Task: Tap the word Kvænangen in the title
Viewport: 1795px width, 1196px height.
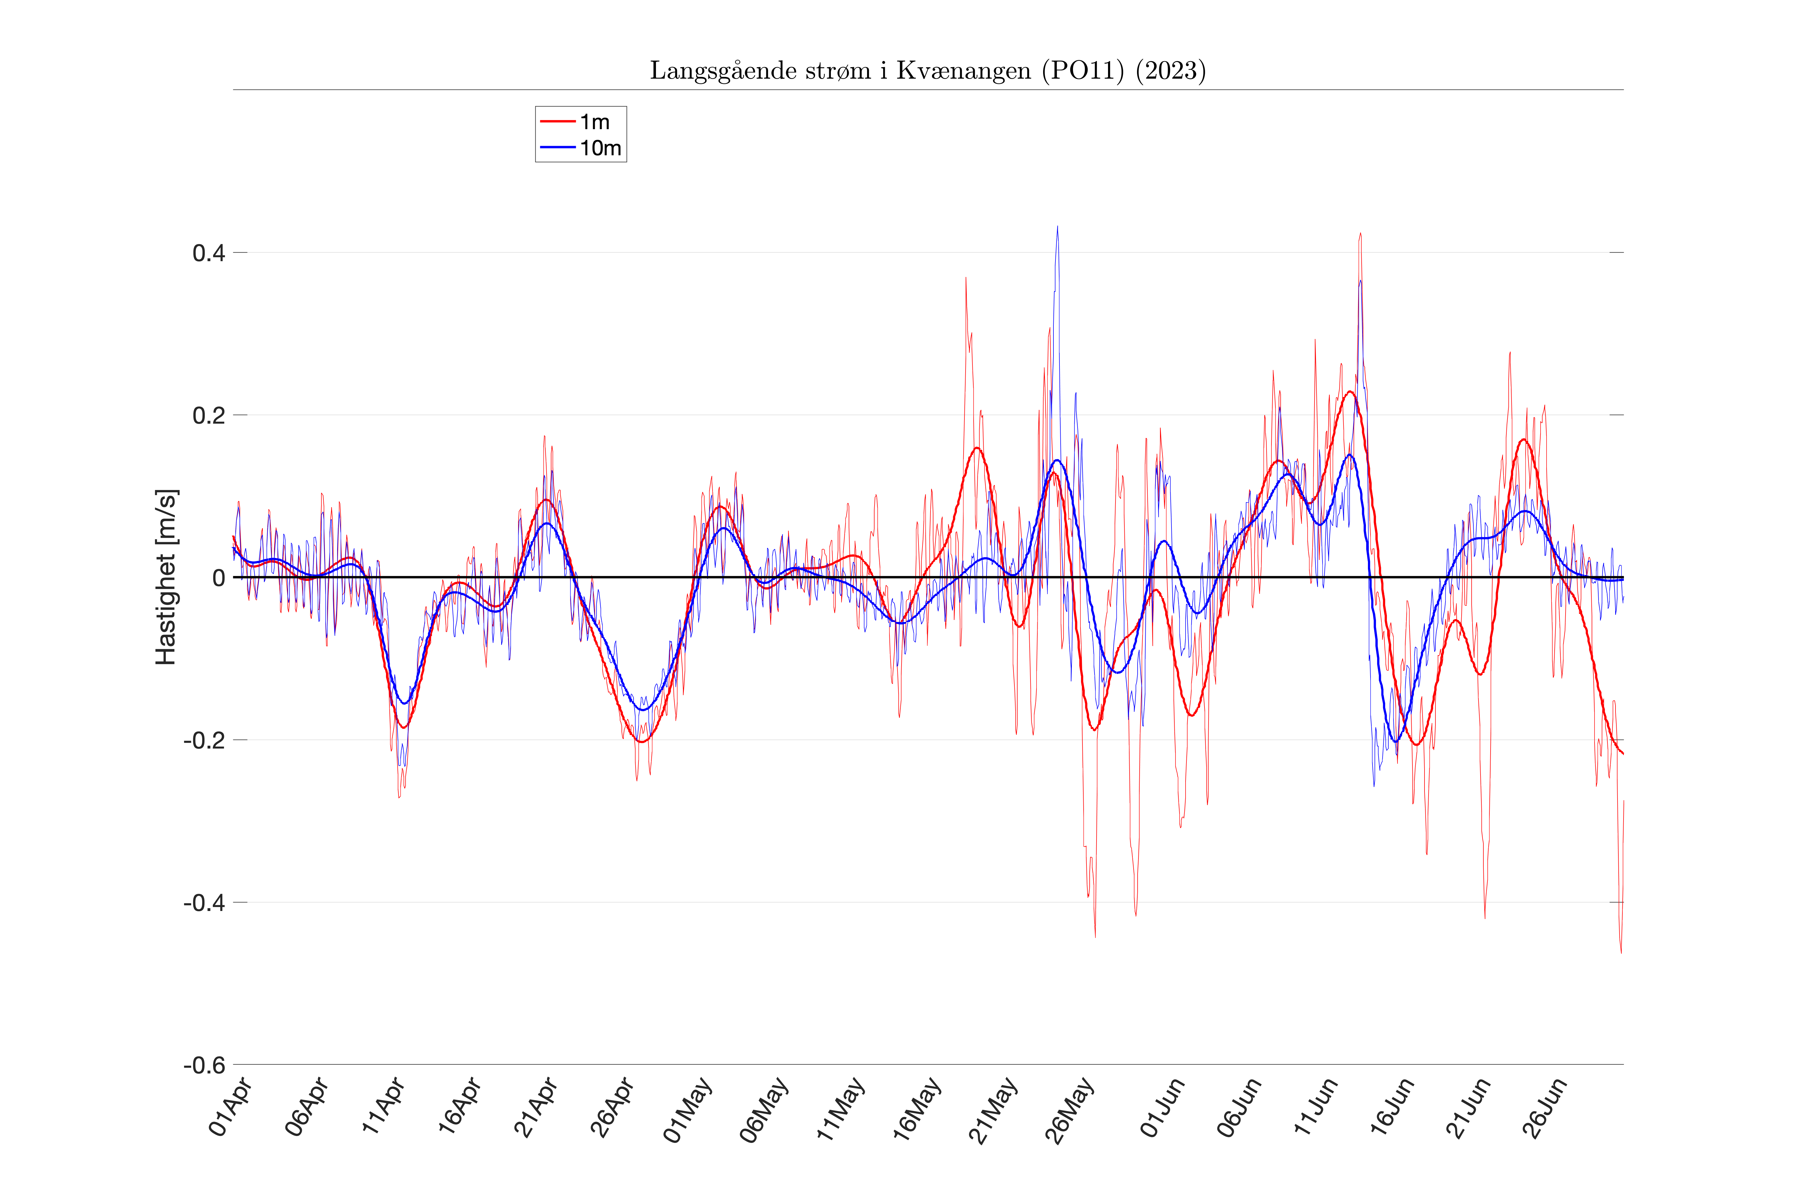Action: (x=963, y=71)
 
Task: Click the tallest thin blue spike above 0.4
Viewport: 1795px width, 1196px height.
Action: (x=1057, y=227)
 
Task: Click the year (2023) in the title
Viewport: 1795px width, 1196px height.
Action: (x=1171, y=71)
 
